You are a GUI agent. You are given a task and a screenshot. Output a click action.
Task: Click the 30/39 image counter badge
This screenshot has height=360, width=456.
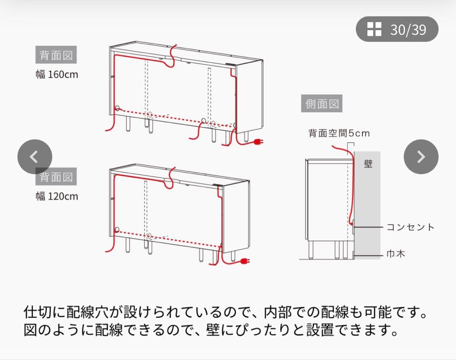(x=397, y=29)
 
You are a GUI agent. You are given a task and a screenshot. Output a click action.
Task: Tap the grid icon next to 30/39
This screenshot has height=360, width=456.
(x=374, y=29)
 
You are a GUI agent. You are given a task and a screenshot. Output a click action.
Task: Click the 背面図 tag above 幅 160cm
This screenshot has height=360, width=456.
(x=56, y=55)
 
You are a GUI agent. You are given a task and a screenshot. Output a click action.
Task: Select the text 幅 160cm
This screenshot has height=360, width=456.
(x=57, y=74)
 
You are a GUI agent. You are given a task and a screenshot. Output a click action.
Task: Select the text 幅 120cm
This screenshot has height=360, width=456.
(x=57, y=196)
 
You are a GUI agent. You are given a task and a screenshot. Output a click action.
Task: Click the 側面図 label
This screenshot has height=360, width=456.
(x=322, y=104)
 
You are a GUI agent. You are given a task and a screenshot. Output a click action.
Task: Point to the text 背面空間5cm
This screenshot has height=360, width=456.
(x=339, y=134)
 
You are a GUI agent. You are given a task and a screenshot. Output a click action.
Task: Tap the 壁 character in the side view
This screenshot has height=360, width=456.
(x=368, y=164)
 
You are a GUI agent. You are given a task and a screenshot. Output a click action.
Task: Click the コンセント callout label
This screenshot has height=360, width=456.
(x=410, y=227)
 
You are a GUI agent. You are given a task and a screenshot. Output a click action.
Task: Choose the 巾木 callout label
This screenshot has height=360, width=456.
(x=396, y=254)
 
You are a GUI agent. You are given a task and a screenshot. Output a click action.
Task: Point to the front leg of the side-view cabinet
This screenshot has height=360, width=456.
(x=311, y=249)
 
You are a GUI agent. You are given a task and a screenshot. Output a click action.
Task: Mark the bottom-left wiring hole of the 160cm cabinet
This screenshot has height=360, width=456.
(x=117, y=108)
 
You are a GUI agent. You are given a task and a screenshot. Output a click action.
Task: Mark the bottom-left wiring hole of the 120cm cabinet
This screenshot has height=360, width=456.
(x=117, y=231)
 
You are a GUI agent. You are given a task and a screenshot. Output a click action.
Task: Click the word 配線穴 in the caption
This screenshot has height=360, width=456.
(x=92, y=314)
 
